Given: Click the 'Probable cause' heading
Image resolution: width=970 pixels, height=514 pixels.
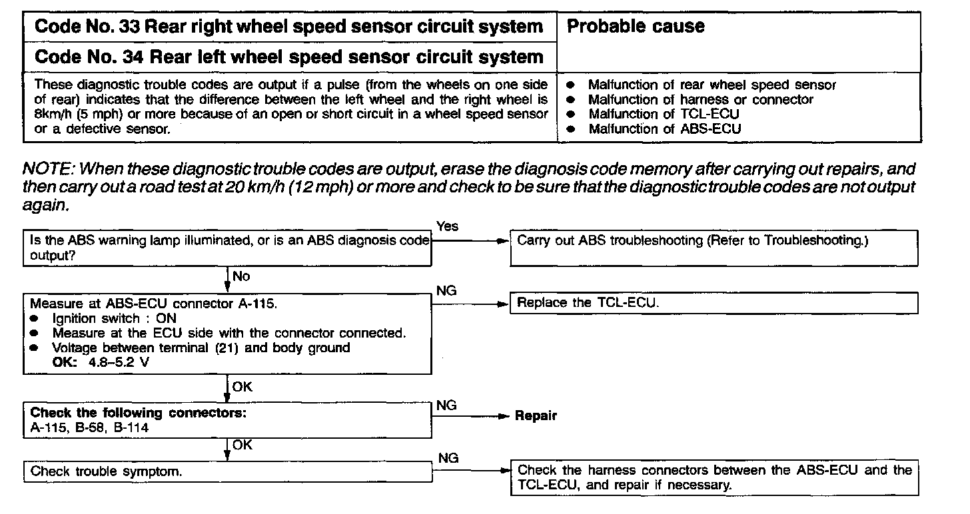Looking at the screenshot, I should [635, 27].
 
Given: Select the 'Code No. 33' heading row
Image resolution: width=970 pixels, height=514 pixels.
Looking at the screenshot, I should [288, 27].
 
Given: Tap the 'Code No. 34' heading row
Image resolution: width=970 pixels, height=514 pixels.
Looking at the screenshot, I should [288, 57].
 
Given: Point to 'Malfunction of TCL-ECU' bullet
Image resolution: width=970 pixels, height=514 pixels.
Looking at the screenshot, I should [663, 115].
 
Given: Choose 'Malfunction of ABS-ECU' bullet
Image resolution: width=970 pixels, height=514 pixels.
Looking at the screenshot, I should [664, 129].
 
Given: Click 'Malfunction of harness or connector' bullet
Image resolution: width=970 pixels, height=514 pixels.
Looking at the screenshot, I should [700, 100].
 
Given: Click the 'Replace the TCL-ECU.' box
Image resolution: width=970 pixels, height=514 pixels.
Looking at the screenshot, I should [714, 304].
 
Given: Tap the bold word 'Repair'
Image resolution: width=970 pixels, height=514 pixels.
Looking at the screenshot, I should [536, 415].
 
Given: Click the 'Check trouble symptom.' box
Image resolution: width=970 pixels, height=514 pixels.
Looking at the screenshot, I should [227, 471].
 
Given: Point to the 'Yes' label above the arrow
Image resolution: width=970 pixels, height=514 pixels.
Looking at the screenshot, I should [447, 226].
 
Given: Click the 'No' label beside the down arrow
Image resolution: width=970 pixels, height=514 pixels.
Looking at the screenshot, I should [241, 276].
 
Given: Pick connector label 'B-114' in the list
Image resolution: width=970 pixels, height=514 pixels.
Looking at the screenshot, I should [131, 428].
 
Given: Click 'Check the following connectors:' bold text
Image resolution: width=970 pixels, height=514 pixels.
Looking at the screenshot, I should [139, 413].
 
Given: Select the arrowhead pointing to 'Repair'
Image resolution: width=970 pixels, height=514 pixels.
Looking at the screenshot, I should [504, 416].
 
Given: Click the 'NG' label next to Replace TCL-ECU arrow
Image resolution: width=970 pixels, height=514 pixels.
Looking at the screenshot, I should [446, 290].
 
